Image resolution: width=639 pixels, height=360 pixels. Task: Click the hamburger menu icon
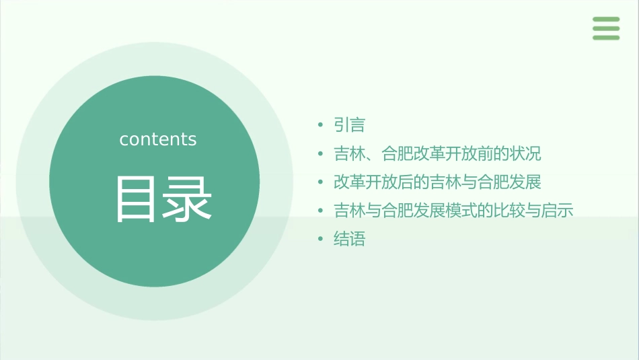click(606, 28)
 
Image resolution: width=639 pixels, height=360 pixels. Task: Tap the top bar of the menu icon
click(606, 20)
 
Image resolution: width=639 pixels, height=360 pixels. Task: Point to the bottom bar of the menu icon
click(606, 38)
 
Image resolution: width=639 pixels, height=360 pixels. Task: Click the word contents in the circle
click(158, 139)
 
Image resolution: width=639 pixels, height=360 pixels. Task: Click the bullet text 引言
click(349, 125)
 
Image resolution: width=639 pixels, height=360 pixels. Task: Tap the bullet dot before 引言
click(320, 125)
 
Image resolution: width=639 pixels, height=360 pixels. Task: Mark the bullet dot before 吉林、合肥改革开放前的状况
click(320, 154)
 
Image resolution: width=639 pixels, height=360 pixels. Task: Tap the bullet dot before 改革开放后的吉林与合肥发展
click(320, 182)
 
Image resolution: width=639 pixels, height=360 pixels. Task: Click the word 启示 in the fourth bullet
click(558, 211)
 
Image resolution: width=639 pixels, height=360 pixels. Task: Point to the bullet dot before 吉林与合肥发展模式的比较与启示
click(320, 211)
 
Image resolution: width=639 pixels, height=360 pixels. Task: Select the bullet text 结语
click(349, 240)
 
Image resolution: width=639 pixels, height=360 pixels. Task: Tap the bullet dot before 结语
click(320, 240)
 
